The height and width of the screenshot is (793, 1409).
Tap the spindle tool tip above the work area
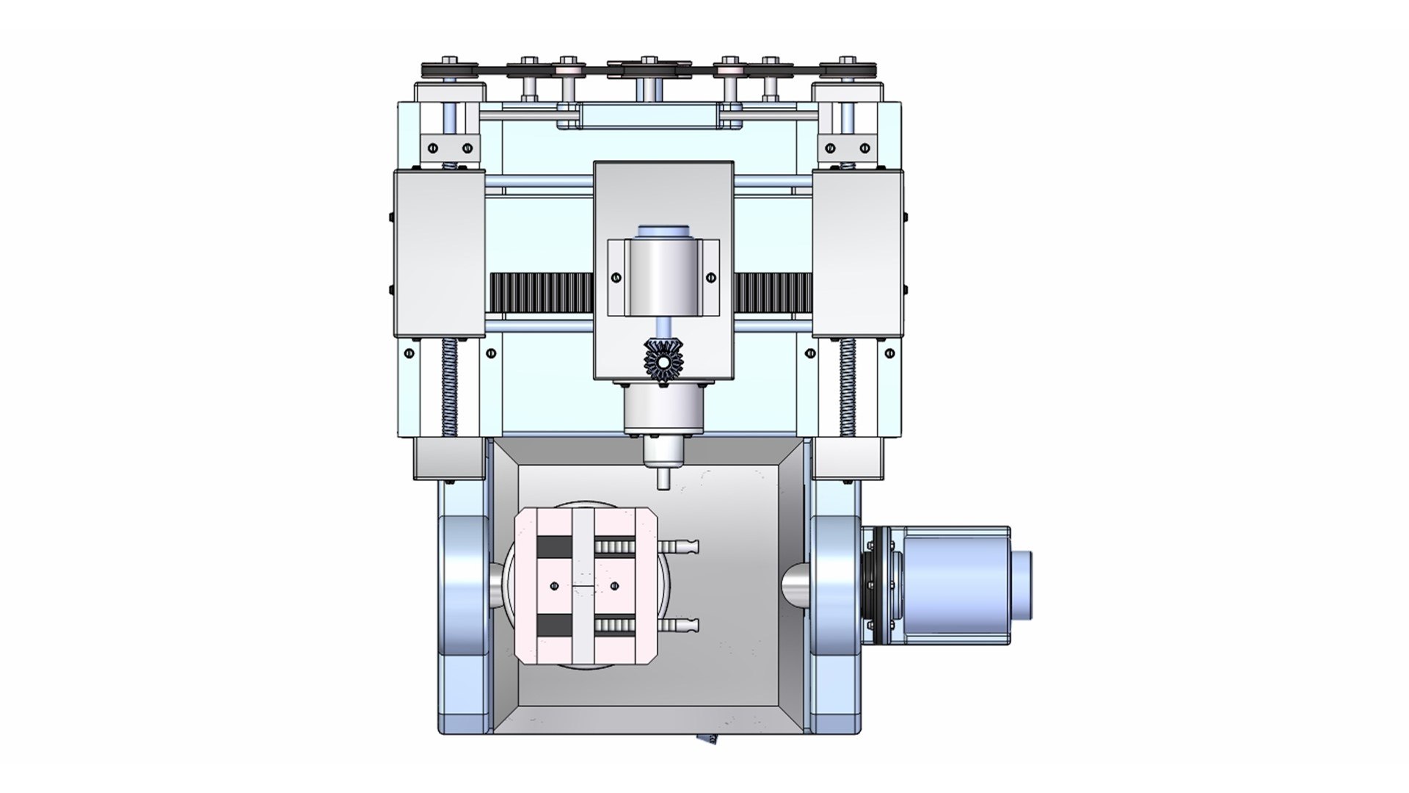pyautogui.click(x=663, y=480)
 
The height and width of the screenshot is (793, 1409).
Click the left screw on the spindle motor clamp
pyautogui.click(x=616, y=278)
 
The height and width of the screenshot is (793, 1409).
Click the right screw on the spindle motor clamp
pyautogui.click(x=710, y=278)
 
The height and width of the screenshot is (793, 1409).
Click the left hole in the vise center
pyautogui.click(x=554, y=586)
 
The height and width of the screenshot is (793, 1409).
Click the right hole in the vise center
pyautogui.click(x=614, y=586)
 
